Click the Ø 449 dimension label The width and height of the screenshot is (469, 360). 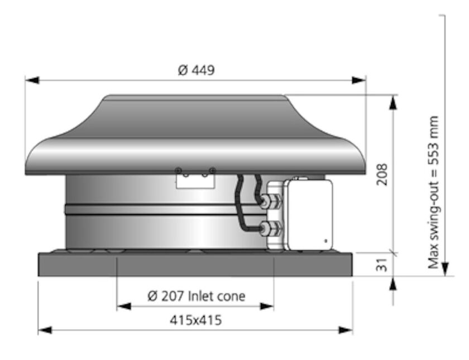196,70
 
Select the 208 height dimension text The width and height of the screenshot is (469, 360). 382,175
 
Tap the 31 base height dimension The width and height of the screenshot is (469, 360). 382,265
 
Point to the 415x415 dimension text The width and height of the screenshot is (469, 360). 195,320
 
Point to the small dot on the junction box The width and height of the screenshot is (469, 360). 326,241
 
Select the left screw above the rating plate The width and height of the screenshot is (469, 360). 178,170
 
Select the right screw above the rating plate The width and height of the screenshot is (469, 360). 212,170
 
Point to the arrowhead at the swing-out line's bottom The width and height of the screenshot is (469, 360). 444,270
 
